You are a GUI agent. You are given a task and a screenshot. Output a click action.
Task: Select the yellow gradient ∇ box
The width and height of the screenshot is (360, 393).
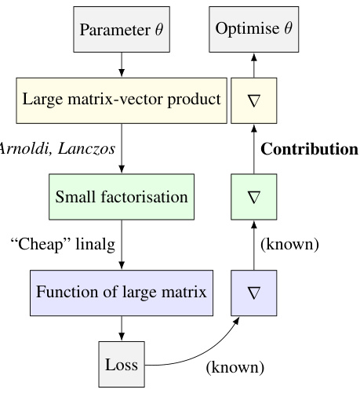(x=253, y=100)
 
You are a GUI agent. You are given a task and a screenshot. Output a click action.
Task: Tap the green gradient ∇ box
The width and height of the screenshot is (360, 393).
(x=253, y=196)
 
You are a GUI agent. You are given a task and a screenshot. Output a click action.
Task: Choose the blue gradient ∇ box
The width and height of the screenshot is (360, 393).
(x=253, y=293)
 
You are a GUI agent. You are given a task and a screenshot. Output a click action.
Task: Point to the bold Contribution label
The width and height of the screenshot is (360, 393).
(x=309, y=148)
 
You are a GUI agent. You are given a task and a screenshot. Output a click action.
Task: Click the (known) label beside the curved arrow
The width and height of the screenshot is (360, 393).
(x=235, y=366)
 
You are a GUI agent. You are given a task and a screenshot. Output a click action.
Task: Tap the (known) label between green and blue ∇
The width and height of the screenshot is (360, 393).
(x=289, y=245)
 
